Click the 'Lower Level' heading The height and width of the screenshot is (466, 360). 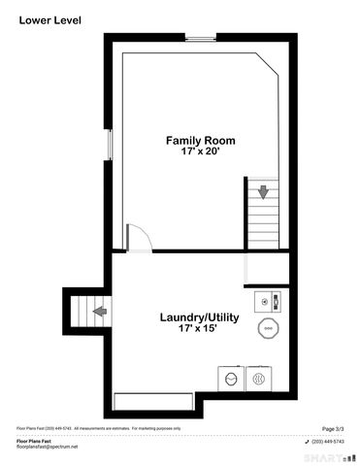50,18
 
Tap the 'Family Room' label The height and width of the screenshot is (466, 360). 200,141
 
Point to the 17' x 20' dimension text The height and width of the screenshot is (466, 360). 200,153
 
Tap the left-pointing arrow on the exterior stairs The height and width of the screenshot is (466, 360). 99,312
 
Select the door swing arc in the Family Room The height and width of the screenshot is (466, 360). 138,237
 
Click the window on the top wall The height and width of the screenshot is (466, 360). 201,38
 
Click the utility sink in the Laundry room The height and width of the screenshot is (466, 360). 266,301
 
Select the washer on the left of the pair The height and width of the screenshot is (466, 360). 232,378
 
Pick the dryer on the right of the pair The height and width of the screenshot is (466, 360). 258,378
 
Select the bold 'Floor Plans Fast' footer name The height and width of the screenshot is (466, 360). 34,440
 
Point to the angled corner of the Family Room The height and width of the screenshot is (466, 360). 271,63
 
